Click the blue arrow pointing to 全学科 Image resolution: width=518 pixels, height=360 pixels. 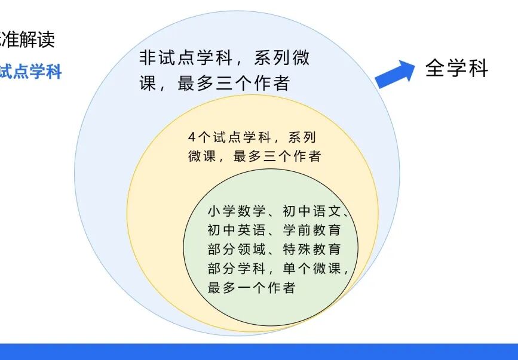coord(396,73)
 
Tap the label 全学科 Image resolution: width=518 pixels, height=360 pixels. coord(456,69)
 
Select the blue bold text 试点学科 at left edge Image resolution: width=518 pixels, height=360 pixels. coord(30,72)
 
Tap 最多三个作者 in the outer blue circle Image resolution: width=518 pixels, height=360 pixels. coord(233,83)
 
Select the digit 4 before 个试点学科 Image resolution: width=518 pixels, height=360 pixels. coord(191,137)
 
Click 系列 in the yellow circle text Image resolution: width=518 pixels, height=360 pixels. coord(301,137)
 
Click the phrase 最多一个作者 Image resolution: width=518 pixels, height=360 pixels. coord(252,288)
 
